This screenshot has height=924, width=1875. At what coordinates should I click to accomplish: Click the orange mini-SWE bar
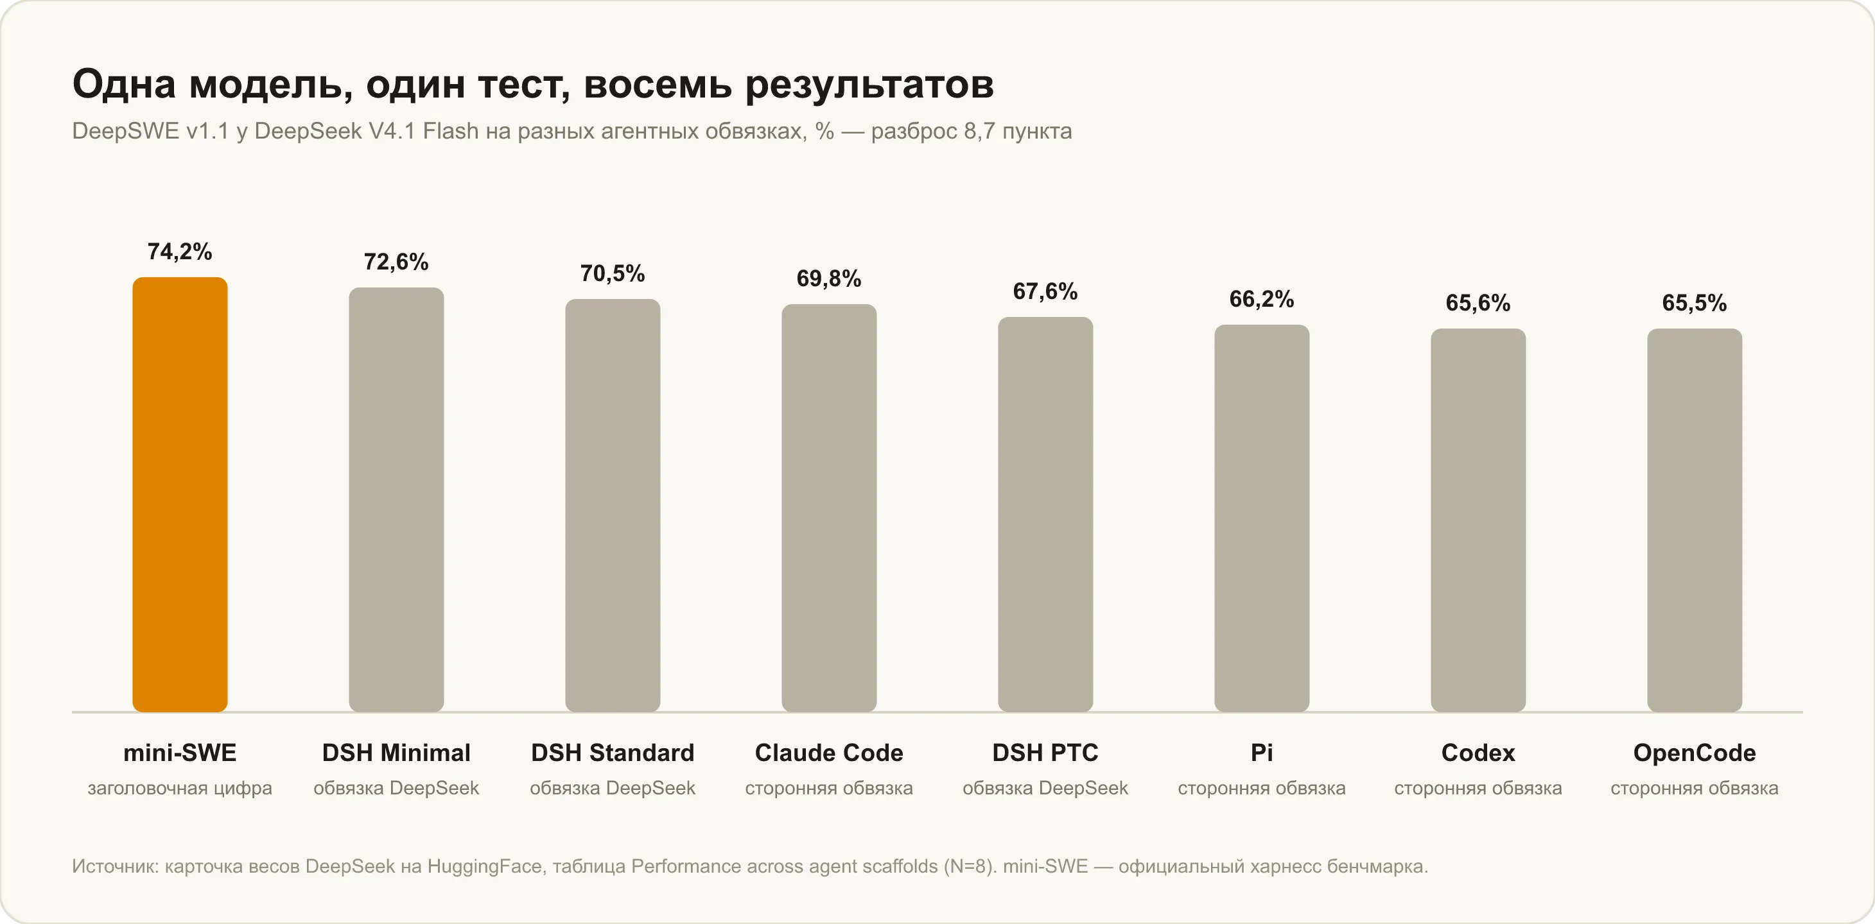point(180,494)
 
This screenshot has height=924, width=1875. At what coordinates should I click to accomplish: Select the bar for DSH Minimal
point(396,499)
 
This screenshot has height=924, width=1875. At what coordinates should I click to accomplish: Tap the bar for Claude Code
point(829,508)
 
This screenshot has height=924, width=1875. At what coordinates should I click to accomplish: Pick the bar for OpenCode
point(1695,520)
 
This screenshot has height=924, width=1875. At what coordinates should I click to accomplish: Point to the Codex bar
point(1478,520)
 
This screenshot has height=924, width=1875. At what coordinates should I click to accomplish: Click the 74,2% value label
point(180,252)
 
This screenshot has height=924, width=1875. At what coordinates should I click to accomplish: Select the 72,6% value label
point(396,262)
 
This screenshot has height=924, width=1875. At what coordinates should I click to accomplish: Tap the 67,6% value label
point(1045,292)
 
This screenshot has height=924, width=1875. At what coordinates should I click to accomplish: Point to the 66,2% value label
point(1261,299)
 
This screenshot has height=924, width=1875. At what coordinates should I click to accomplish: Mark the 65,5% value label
point(1695,303)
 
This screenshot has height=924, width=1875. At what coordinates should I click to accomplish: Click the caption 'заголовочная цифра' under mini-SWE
point(180,788)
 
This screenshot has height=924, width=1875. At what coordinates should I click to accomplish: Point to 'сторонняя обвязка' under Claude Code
point(829,788)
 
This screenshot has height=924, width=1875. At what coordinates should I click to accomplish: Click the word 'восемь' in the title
point(658,85)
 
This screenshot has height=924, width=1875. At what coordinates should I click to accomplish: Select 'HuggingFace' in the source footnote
point(485,866)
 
